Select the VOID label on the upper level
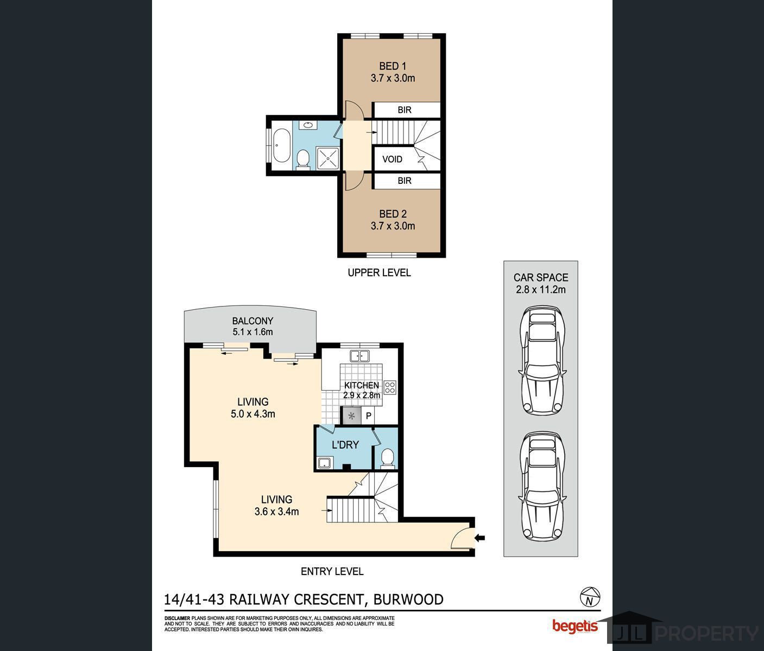point(392,159)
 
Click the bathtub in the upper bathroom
point(280,145)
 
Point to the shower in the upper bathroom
point(328,158)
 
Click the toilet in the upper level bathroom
point(303,159)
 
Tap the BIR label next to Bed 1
point(405,110)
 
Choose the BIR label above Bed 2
point(405,181)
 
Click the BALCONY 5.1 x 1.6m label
point(252,326)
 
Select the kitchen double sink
point(359,356)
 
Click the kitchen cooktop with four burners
point(390,387)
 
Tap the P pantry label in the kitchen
point(368,416)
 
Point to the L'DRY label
point(345,445)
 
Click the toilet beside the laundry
point(387,457)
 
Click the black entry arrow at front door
point(480,538)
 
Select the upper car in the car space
point(543,361)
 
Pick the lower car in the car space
point(543,486)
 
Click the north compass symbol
point(589,597)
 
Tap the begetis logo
point(575,626)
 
